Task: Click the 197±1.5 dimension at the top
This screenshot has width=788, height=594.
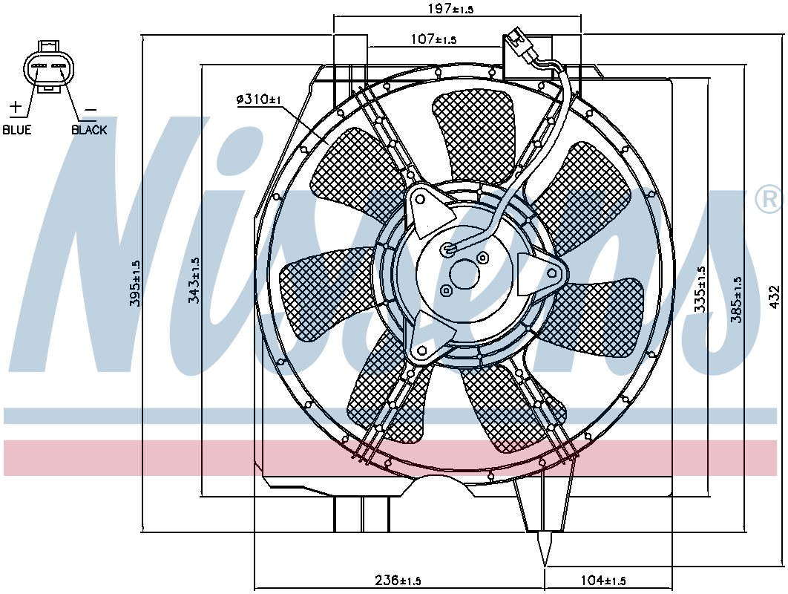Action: [450, 9]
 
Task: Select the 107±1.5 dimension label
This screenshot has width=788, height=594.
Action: [433, 39]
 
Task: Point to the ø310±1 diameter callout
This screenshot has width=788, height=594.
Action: [258, 99]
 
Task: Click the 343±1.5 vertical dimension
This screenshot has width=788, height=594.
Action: [194, 281]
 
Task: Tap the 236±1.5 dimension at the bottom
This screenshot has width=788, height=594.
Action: [398, 580]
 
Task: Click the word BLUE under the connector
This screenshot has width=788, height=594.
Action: [17, 130]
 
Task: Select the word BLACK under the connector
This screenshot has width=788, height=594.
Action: [89, 130]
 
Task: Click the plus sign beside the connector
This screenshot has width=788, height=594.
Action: [16, 108]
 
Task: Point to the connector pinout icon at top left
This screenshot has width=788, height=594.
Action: [48, 68]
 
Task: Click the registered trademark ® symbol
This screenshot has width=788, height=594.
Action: [768, 199]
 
